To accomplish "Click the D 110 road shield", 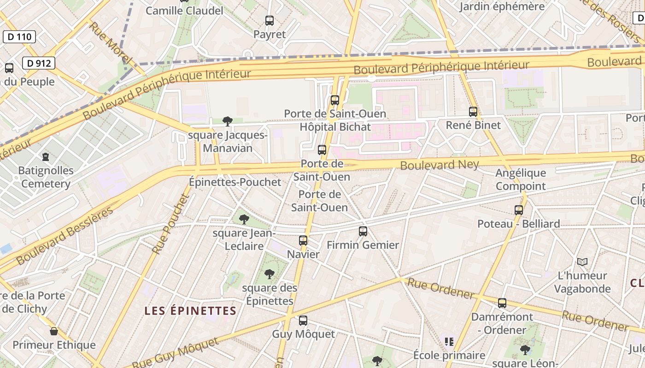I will click(19, 37).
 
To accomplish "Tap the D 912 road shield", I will click(39, 63).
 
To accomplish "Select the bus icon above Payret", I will click(270, 20).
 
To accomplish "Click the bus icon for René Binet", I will click(473, 111).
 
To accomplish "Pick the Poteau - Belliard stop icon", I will click(519, 210).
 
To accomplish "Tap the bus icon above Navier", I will click(303, 240).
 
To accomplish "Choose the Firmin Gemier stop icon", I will click(363, 231).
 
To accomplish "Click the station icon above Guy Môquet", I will click(303, 321).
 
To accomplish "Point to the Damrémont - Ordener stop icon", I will click(502, 303).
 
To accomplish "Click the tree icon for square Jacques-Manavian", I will click(227, 121).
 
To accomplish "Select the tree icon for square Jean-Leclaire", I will click(244, 219).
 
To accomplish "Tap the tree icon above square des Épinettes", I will click(270, 275).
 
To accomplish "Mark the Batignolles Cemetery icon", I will click(46, 157).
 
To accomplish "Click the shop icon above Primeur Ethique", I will click(54, 331).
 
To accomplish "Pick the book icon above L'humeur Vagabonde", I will click(582, 262).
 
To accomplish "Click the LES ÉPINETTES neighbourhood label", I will click(190, 311).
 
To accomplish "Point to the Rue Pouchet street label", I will click(171, 224).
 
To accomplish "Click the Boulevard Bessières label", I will click(64, 236).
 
